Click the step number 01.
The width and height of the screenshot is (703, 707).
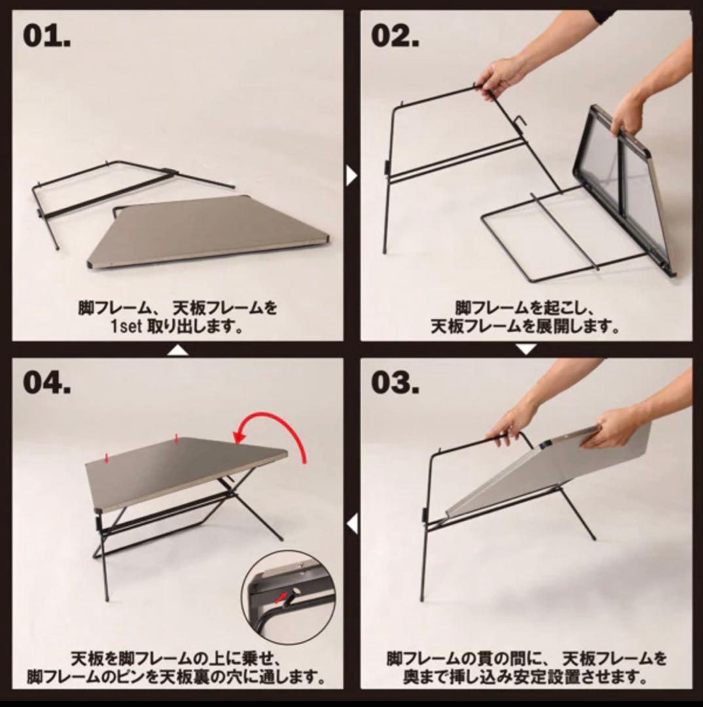(x=47, y=35)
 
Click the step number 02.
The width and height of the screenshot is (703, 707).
(x=395, y=35)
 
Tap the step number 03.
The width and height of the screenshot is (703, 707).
(x=395, y=383)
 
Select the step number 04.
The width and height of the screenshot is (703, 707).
(x=47, y=383)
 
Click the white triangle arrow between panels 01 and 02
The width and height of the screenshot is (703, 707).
(x=351, y=175)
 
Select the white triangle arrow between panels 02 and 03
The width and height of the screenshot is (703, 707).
(x=526, y=350)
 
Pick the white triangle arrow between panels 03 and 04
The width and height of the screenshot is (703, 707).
(x=351, y=524)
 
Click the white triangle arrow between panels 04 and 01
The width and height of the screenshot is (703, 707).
(x=178, y=350)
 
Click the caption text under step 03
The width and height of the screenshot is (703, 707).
(x=526, y=666)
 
